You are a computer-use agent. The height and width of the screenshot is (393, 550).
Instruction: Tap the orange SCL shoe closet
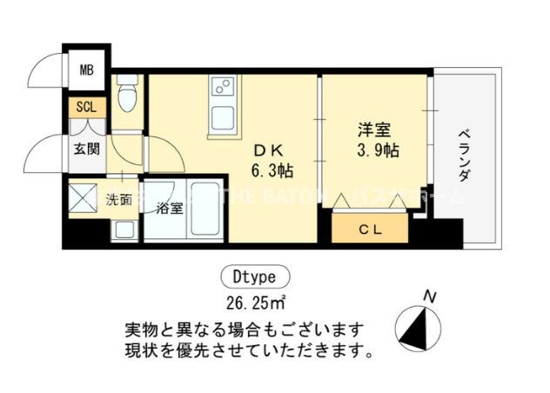[x=87, y=108]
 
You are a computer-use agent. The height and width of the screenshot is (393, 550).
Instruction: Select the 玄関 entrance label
[x=85, y=148]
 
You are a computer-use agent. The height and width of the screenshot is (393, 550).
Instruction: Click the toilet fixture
[x=128, y=96]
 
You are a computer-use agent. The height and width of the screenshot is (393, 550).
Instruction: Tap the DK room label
[x=267, y=148]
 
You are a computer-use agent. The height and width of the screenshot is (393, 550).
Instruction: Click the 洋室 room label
[x=374, y=130]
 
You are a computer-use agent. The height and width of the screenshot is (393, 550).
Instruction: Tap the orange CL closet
[x=371, y=228]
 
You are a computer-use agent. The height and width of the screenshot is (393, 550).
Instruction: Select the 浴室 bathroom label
[x=170, y=209]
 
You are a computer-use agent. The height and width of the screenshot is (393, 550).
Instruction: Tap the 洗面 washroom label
[x=118, y=199]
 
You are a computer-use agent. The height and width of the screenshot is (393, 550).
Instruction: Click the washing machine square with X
[x=84, y=198]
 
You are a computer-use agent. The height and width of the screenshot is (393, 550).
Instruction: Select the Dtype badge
[x=254, y=278]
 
